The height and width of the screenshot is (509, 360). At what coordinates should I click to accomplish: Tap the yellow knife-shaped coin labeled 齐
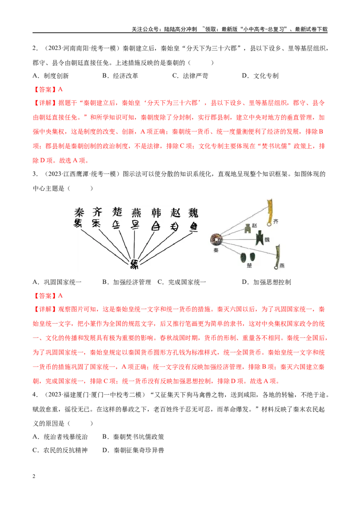tap(270, 213)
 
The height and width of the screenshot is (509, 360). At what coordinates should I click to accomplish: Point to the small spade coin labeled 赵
tap(248, 228)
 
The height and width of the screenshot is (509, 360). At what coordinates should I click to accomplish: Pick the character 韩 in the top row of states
tap(156, 213)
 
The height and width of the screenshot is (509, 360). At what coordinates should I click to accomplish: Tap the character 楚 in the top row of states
tap(117, 212)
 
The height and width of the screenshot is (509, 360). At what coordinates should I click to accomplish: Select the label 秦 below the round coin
tap(216, 250)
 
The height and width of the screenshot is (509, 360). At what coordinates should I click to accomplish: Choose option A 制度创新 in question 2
tap(51, 76)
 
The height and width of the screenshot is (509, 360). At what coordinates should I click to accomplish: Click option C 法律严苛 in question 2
tap(190, 76)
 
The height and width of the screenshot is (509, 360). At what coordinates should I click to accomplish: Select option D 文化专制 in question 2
tap(260, 76)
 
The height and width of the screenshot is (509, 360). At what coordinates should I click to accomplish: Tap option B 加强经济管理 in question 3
tap(127, 282)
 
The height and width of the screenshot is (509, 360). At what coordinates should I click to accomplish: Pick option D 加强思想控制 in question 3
tap(266, 282)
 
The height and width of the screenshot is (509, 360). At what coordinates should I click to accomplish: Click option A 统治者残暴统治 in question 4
tap(60, 437)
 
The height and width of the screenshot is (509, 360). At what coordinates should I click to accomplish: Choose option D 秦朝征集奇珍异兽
tap(133, 450)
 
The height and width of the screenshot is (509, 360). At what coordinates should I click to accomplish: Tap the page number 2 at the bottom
tap(34, 476)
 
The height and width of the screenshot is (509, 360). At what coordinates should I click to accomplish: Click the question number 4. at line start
tap(35, 395)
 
